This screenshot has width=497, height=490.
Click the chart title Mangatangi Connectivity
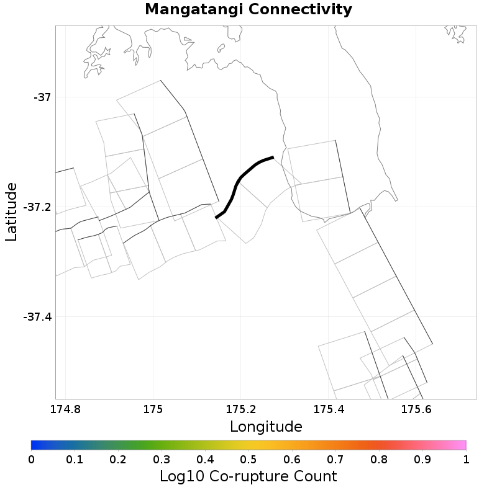point(248,10)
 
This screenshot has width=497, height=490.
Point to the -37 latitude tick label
point(42,97)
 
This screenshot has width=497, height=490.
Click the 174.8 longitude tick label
point(65,409)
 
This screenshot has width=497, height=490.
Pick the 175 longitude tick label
point(153,409)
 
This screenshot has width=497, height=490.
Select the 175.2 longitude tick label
point(240,409)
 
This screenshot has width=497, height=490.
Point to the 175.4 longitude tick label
point(329,409)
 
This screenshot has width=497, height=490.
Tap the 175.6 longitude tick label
point(416,409)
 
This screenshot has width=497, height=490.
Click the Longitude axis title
point(266,427)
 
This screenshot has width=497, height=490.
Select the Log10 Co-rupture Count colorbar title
point(248,476)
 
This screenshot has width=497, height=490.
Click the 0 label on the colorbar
point(31,459)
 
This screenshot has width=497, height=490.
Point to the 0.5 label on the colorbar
point(248,459)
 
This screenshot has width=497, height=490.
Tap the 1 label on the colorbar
point(466,459)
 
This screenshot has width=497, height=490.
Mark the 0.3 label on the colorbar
point(162,459)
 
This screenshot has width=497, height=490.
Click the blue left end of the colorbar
point(35,445)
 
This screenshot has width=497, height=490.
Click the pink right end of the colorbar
point(462,445)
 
